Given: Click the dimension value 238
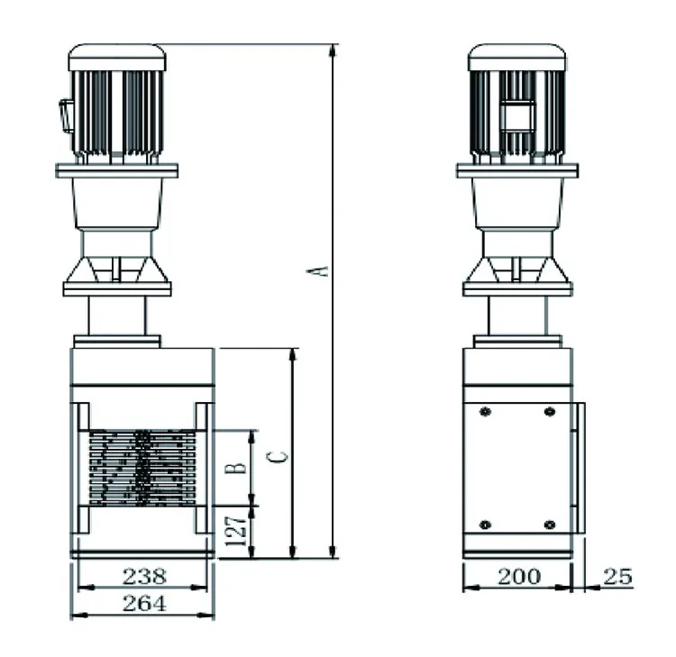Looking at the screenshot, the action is pyautogui.click(x=144, y=577).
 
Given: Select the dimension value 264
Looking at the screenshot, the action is pyautogui.click(x=144, y=604).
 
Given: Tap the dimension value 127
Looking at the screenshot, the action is pyautogui.click(x=236, y=531).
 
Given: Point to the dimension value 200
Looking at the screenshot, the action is pyautogui.click(x=518, y=577).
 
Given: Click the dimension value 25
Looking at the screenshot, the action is pyautogui.click(x=617, y=577).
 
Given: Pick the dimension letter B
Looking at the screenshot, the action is pyautogui.click(x=236, y=468).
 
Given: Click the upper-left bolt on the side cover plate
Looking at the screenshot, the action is pyautogui.click(x=486, y=412).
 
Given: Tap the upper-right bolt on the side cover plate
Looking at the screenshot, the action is pyautogui.click(x=549, y=412).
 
